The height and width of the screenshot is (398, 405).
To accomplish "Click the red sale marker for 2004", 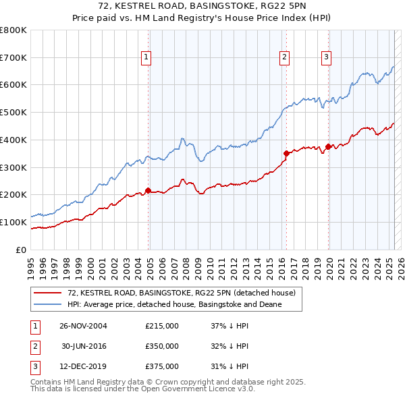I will coord(148,190).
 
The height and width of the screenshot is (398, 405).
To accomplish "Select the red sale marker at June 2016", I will coord(286,153).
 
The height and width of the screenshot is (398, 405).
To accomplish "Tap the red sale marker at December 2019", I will coord(328,146).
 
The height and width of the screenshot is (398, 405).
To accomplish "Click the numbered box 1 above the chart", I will coord(146,57).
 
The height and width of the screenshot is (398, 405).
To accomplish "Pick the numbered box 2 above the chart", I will coord(285,57).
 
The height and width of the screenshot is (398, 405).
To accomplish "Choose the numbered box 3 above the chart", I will coord(326,57).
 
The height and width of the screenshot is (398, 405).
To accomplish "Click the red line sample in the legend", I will coord(48,293).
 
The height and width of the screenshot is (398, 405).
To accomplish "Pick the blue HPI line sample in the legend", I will coord(48,305).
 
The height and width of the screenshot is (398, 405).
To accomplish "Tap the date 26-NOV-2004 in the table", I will coord(84,326).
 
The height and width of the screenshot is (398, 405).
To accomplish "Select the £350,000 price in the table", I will coord(162,346).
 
